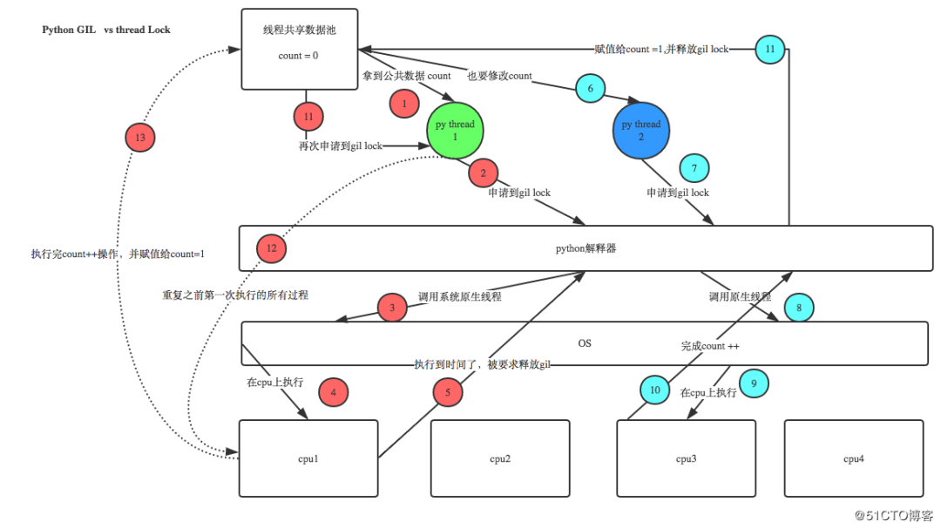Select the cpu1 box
308,458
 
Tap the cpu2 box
499,458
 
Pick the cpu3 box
687,458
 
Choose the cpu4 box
854,458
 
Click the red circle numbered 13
140,139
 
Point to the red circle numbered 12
272,248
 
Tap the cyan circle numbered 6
590,89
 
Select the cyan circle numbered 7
694,167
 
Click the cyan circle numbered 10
655,390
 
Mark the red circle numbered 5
448,394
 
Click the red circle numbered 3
393,308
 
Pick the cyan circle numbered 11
770,50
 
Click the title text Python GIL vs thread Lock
106,30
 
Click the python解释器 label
586,248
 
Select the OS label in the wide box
585,343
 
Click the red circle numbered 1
404,105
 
